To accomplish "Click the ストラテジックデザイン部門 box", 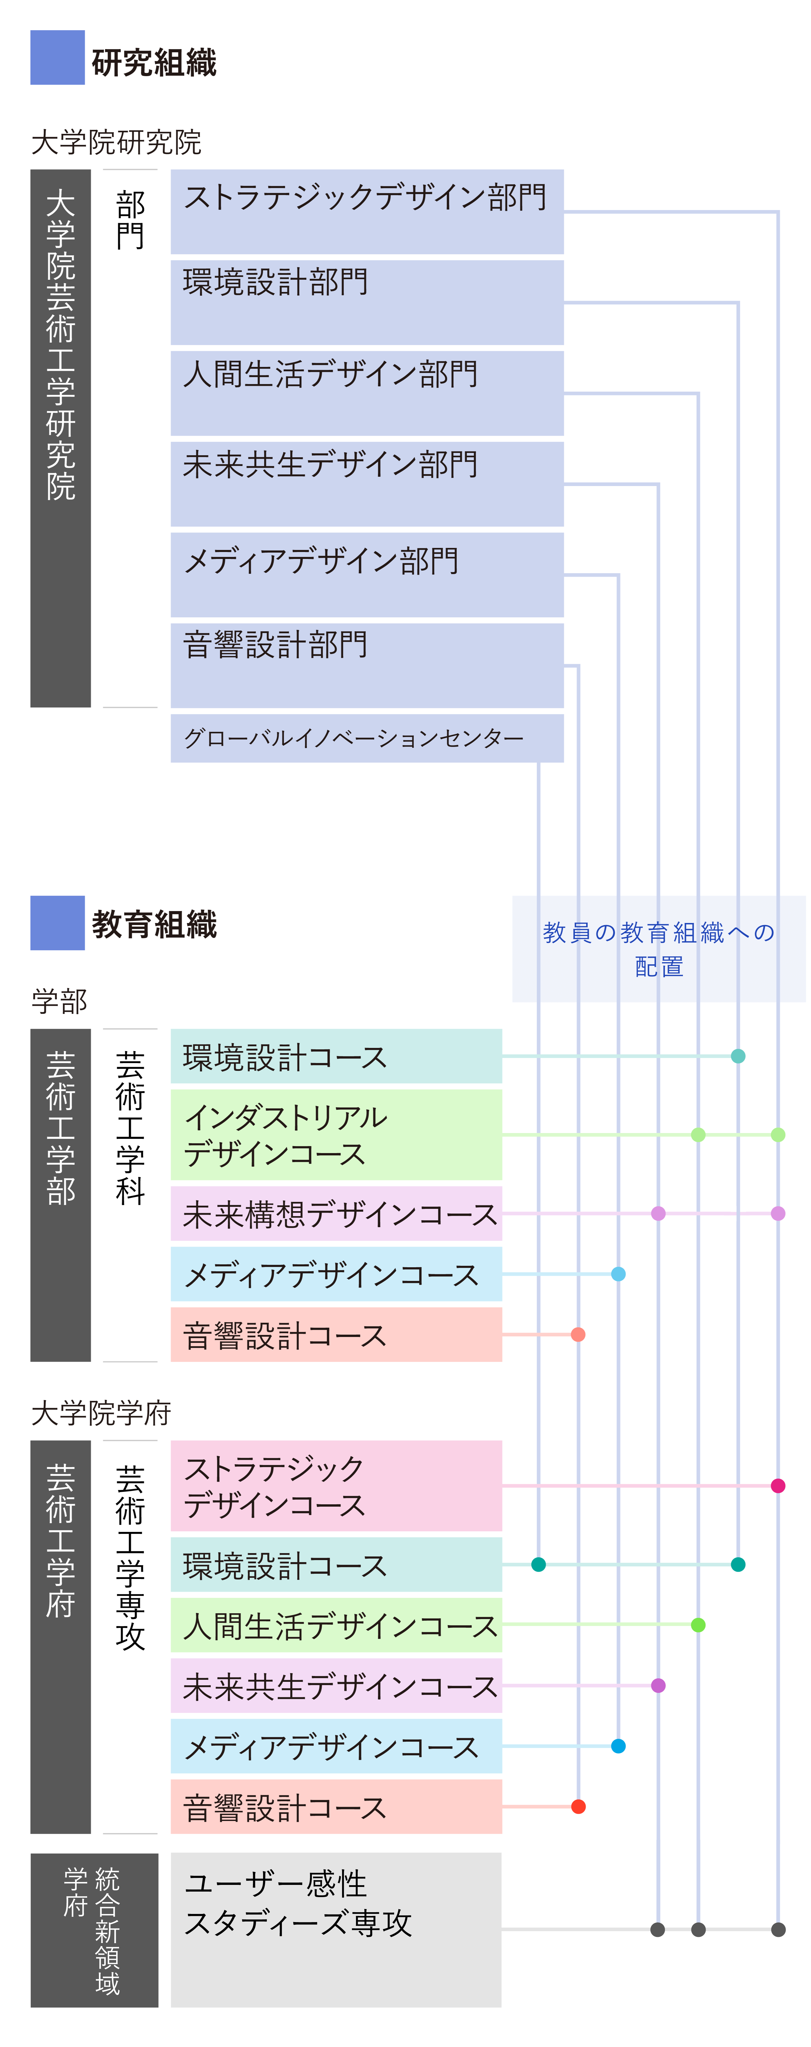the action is point(367,211).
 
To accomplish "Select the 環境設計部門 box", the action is point(367,302).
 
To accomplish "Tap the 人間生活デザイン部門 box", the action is point(367,392).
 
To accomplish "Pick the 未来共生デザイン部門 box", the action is point(367,483).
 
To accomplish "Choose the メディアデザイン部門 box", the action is point(367,574).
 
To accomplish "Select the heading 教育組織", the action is point(154,924).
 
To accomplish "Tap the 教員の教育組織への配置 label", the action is point(659,949).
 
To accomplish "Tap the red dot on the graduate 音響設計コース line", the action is point(578,1806).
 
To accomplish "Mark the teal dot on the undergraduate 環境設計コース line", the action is point(738,1056).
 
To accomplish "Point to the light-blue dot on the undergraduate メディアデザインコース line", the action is point(618,1274).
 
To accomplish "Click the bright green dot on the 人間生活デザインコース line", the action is point(698,1625).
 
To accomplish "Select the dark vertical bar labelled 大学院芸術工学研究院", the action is point(60,438).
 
